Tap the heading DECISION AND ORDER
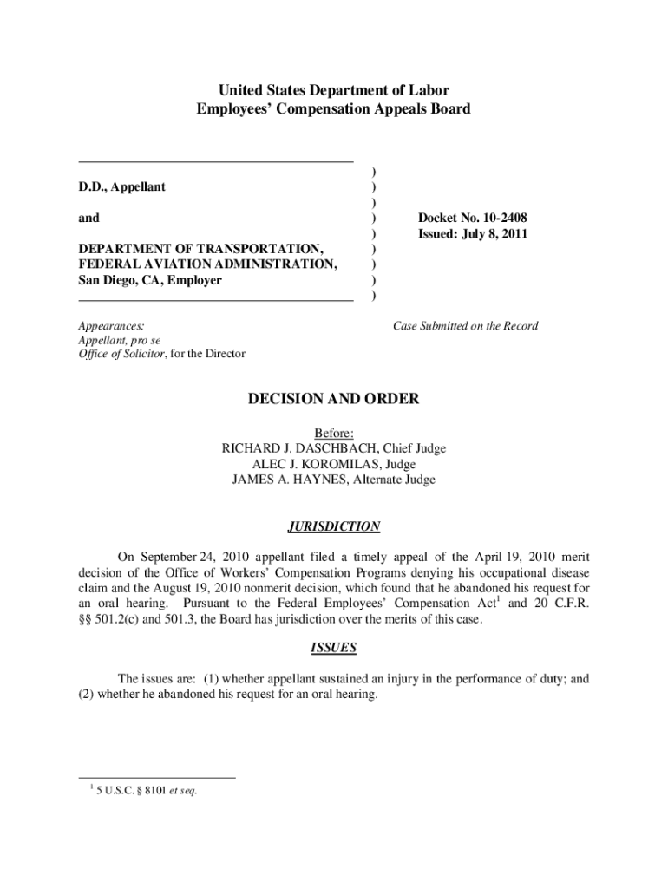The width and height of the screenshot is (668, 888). tap(334, 399)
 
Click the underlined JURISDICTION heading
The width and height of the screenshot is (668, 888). tap(334, 526)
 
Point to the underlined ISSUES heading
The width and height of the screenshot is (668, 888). tap(334, 648)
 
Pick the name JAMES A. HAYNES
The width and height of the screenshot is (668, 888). tap(287, 480)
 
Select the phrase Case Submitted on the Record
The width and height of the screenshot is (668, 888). tap(465, 326)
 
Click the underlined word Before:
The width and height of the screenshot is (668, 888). tap(334, 433)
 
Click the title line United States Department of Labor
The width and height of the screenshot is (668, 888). tap(334, 90)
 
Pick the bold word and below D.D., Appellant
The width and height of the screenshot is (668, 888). tap(88, 219)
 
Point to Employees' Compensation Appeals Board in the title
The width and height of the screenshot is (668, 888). tap(334, 109)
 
